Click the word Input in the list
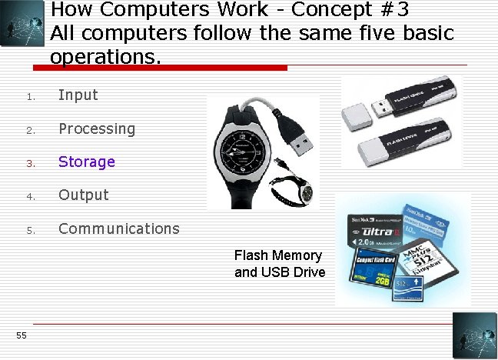pos(78,95)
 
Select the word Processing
pos(97,128)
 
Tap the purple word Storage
pos(87,162)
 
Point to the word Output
pos(84,195)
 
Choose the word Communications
pos(119,228)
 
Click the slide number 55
pos(21,335)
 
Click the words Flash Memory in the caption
pos(278,255)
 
